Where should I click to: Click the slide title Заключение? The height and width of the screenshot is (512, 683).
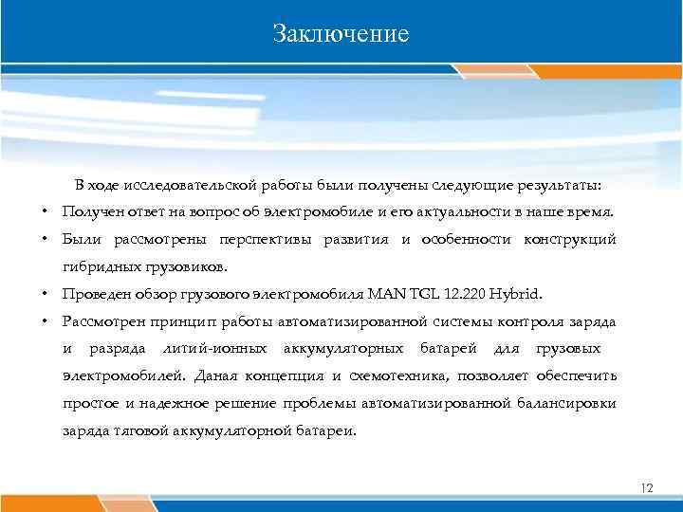click(341, 34)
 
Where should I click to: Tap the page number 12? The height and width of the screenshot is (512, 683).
click(648, 487)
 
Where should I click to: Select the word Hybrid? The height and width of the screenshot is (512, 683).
click(537, 293)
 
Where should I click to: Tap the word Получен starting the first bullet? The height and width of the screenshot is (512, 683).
click(90, 210)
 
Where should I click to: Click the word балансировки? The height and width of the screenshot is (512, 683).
click(569, 403)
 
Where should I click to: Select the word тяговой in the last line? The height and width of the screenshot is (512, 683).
click(136, 430)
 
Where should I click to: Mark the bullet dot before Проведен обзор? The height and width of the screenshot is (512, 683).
click(45, 293)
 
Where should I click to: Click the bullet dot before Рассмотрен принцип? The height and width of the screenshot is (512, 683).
click(45, 320)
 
